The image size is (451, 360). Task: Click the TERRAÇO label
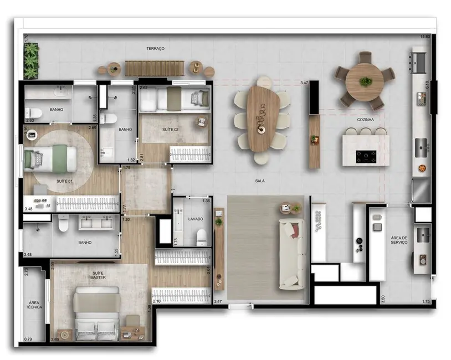click(x=155, y=49)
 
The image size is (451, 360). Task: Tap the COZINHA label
click(x=365, y=120)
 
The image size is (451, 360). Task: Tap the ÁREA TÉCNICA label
click(x=33, y=305)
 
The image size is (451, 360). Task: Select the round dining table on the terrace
click(x=365, y=81)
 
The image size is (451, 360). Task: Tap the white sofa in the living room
click(x=291, y=253)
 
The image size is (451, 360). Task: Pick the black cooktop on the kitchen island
click(x=365, y=156)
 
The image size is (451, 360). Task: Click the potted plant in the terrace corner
click(x=32, y=60)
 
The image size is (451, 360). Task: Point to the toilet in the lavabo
click(x=201, y=237)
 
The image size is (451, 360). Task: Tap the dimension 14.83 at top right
click(x=425, y=37)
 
